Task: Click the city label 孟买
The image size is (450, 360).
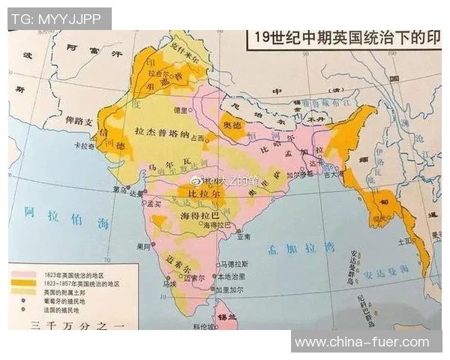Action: [x=155, y=203]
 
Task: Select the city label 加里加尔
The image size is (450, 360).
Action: [x=229, y=288]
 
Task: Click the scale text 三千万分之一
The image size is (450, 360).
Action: [x=75, y=324]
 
